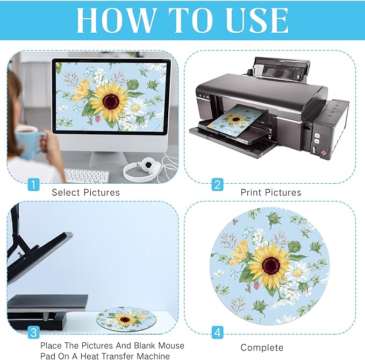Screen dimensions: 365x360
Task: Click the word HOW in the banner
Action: click(x=116, y=20)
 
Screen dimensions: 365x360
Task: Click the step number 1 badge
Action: click(x=33, y=184)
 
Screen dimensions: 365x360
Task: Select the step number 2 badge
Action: click(x=217, y=184)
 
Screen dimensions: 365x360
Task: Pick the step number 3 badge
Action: click(x=33, y=332)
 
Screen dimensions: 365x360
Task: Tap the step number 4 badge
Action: click(x=217, y=332)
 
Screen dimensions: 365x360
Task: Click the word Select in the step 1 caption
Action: click(x=66, y=192)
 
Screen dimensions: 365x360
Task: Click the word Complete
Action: click(x=262, y=348)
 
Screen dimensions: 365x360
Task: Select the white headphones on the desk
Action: click(x=142, y=169)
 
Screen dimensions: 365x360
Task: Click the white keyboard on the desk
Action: click(x=87, y=176)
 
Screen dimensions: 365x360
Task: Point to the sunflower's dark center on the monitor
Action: click(x=111, y=102)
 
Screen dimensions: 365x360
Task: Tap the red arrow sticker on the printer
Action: click(x=324, y=153)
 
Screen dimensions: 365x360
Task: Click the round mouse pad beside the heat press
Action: click(x=126, y=318)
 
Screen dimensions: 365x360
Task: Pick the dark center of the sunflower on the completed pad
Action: click(x=271, y=265)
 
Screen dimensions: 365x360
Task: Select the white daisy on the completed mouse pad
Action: click(x=298, y=273)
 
